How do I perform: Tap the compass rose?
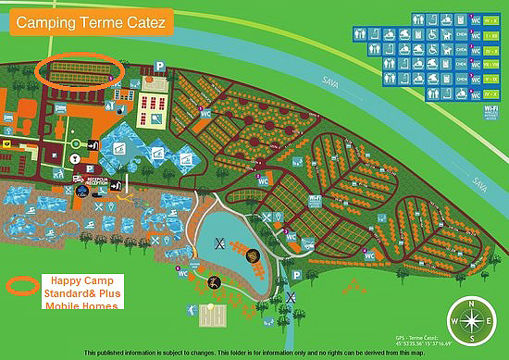pos(471,322)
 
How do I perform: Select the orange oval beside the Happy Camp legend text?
pos(20,284)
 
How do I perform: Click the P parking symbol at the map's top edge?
pos(159,67)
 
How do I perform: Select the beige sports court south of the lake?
pos(214,317)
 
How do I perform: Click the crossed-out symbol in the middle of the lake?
pos(220,242)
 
